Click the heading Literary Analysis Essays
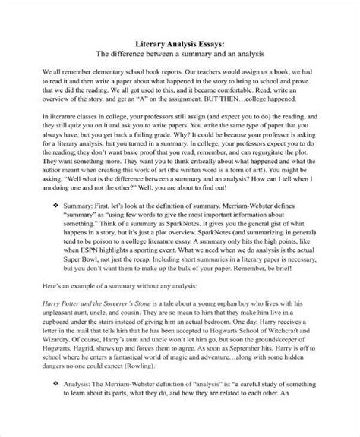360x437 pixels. click(180, 45)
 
